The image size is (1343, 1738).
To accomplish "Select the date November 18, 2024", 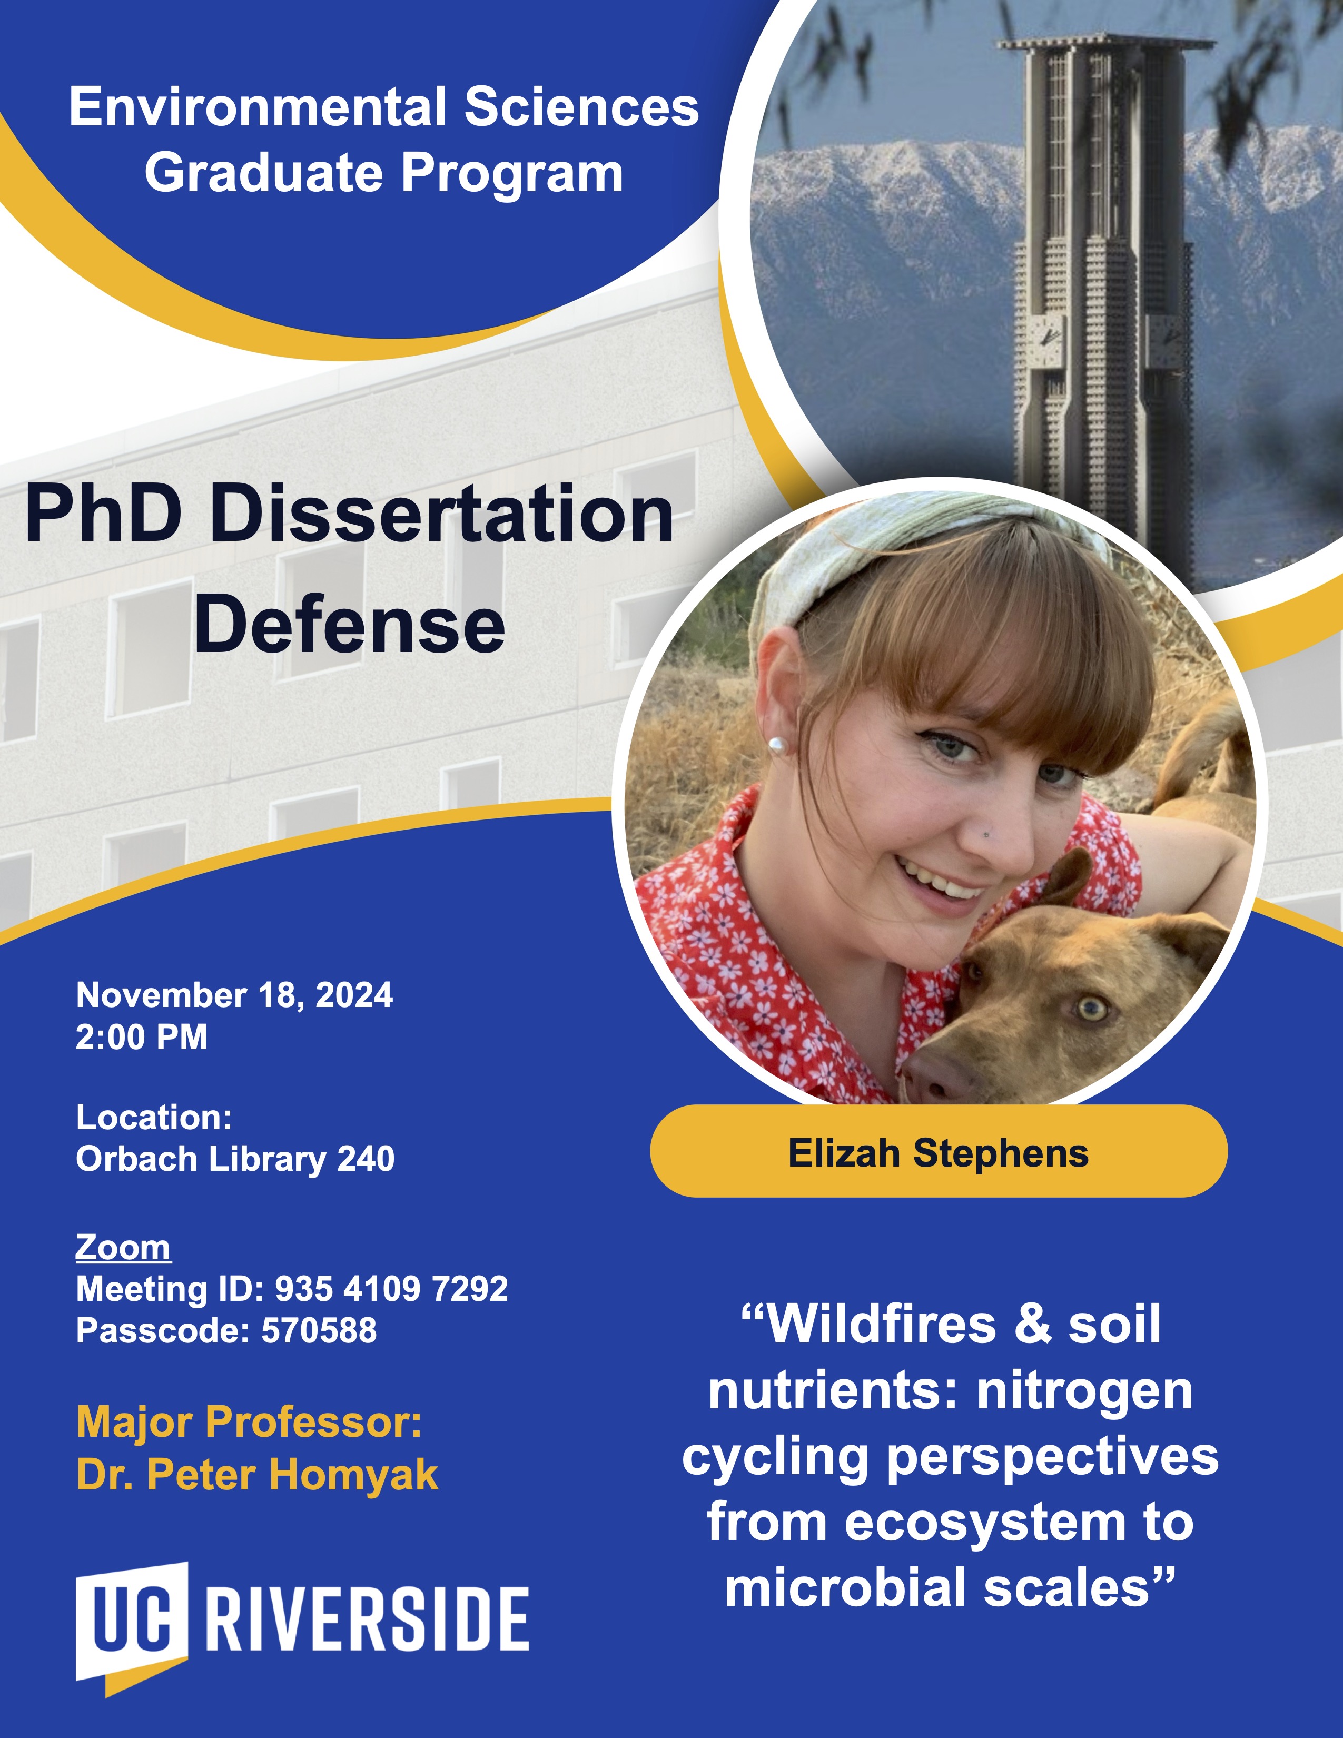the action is pos(234,995).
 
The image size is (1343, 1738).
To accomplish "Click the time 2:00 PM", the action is pos(142,1037).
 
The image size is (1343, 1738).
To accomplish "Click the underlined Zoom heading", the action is pos(123,1247).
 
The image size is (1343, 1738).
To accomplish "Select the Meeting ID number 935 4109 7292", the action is pos(391,1288).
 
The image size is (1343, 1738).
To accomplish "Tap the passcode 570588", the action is pos(319,1330).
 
